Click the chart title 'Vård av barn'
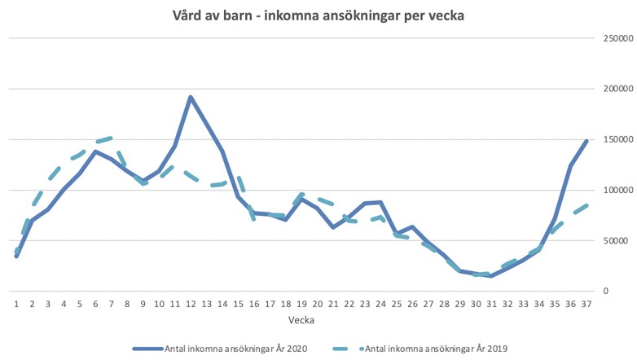pyautogui.click(x=318, y=15)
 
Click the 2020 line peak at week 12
pyautogui.click(x=191, y=97)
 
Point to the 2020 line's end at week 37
pyautogui.click(x=586, y=141)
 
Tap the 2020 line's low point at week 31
pyautogui.click(x=491, y=276)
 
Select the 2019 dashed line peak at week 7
pyautogui.click(x=112, y=138)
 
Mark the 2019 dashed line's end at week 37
pyautogui.click(x=586, y=205)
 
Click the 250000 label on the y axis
pyautogui.click(x=615, y=37)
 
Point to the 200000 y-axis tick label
pyautogui.click(x=615, y=88)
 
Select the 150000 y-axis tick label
pyautogui.click(x=615, y=139)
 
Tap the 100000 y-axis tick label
pyautogui.click(x=615, y=190)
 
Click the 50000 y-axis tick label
pyautogui.click(x=617, y=240)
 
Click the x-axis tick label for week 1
pyautogui.click(x=16, y=304)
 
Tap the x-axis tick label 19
pyautogui.click(x=301, y=304)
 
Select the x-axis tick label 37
pyautogui.click(x=586, y=304)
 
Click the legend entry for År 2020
pyautogui.click(x=224, y=348)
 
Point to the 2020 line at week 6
pyautogui.click(x=95, y=151)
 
